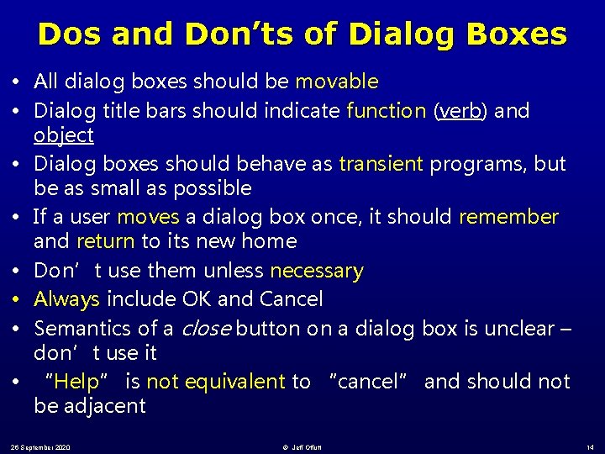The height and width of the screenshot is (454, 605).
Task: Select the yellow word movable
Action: (336, 82)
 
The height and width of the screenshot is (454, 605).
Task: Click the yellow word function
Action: (387, 111)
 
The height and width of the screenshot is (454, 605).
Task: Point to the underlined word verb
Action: (460, 111)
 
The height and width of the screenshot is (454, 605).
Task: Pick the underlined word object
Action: (64, 135)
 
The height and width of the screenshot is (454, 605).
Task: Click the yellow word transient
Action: (381, 164)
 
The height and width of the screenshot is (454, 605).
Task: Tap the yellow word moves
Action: (148, 217)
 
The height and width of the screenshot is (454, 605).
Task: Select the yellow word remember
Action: (508, 217)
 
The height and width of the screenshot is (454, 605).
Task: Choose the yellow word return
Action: (105, 241)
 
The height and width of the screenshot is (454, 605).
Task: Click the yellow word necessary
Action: (316, 271)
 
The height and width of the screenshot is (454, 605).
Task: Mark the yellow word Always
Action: (67, 299)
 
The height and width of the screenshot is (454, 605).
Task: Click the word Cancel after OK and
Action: (291, 299)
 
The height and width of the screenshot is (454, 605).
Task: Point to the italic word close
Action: (205, 329)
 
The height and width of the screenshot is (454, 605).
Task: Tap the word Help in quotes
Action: (77, 382)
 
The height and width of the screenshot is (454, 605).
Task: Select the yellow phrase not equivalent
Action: (216, 382)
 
